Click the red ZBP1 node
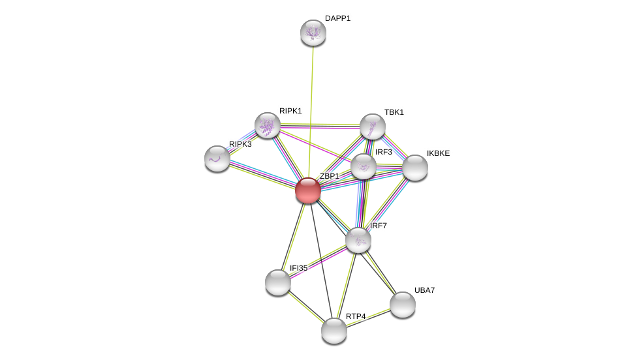(307, 190)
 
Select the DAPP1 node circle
(313, 33)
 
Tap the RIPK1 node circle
(268, 125)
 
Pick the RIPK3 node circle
(217, 158)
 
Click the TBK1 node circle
(373, 127)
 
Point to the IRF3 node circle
(364, 166)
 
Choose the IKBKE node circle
(415, 168)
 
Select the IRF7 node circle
(358, 240)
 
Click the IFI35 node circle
(278, 282)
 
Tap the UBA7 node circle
(403, 305)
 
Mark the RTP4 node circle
(334, 331)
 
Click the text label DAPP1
(337, 18)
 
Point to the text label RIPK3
(240, 144)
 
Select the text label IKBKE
(438, 153)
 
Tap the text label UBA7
(424, 290)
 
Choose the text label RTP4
(356, 316)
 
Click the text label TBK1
(394, 112)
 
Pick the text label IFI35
(298, 268)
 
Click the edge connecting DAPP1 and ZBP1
(311, 111)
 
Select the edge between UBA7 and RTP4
(369, 318)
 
